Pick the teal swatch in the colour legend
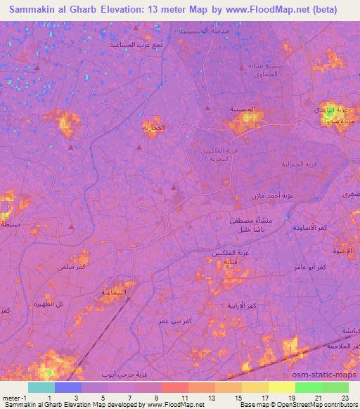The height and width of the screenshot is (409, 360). pyautogui.click(x=41, y=387)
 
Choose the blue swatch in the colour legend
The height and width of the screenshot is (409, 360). pyautogui.click(x=68, y=387)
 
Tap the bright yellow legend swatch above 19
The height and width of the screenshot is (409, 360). pyautogui.click(x=281, y=387)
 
